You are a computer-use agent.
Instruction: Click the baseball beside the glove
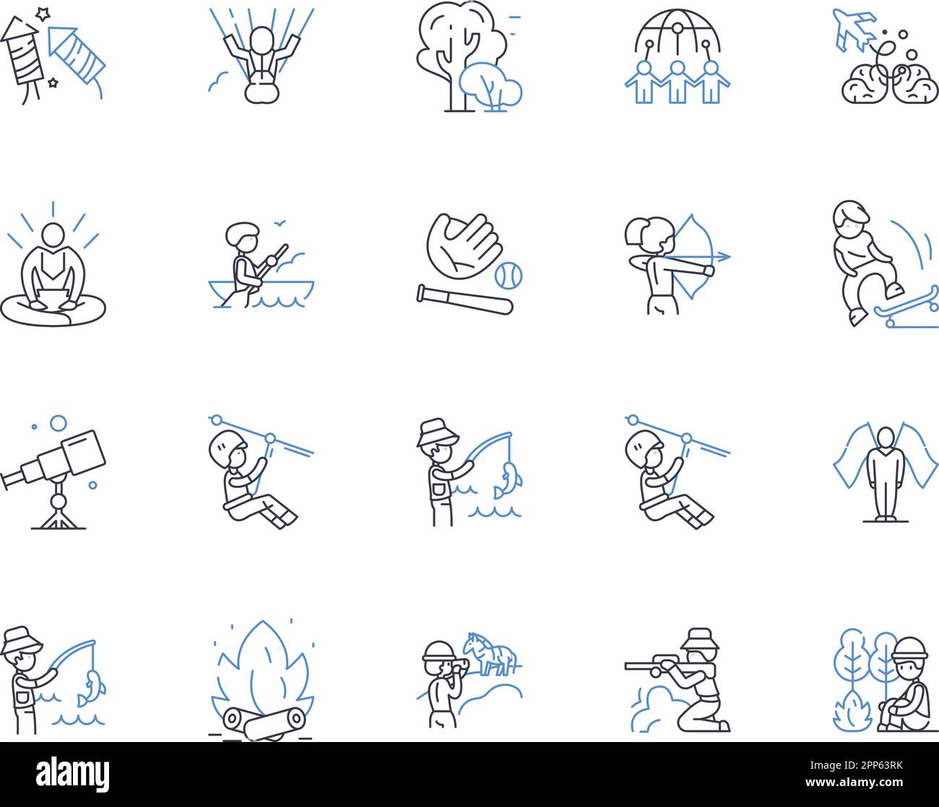(509, 274)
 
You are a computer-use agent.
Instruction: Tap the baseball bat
(464, 299)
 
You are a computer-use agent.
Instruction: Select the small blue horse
(491, 652)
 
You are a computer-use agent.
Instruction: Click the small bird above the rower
(278, 223)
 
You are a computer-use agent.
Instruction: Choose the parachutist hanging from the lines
(258, 61)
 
